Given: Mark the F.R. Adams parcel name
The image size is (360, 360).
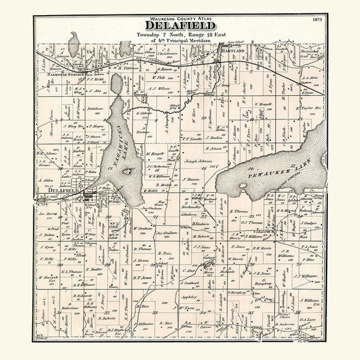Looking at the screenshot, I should point(47,152).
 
